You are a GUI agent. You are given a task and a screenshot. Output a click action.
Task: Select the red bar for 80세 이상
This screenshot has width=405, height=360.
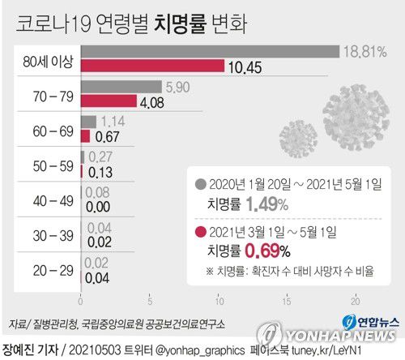pos(152,66)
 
